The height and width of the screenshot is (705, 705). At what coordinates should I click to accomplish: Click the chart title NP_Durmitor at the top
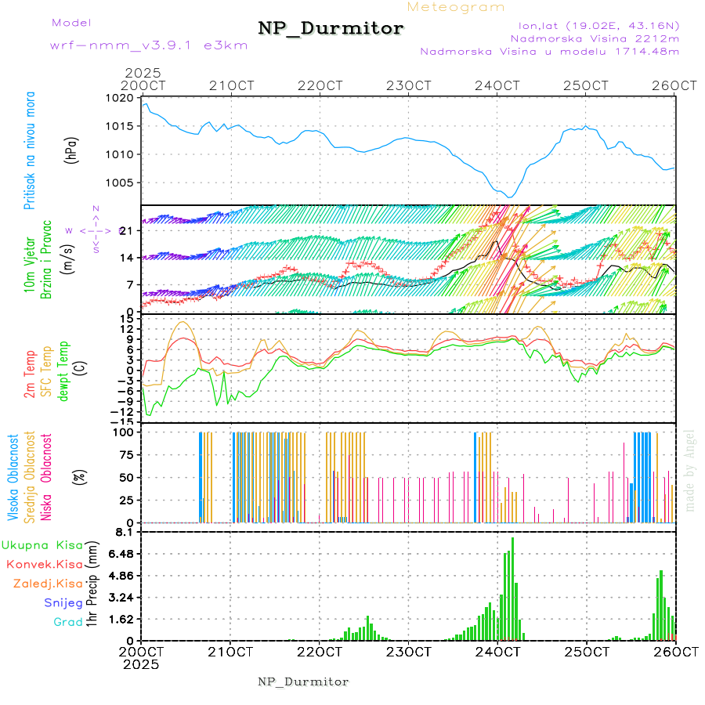click(331, 29)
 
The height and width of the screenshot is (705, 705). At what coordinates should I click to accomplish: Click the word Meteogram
click(456, 7)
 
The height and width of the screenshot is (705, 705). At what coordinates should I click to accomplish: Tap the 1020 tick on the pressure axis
click(120, 99)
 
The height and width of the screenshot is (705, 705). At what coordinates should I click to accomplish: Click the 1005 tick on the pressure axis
click(120, 183)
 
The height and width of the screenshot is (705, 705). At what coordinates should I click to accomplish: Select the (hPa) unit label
click(71, 150)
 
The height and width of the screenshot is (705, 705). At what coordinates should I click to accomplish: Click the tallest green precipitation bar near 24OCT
click(512, 587)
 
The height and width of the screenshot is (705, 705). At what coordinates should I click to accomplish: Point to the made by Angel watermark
click(690, 470)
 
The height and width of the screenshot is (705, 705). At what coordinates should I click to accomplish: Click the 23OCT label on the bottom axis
click(409, 651)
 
